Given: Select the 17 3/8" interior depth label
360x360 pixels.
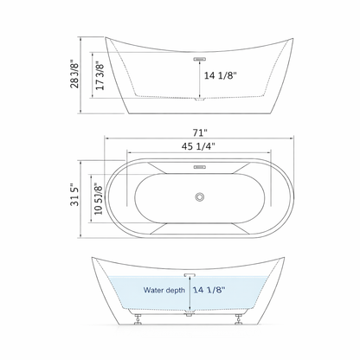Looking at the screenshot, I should (100, 78).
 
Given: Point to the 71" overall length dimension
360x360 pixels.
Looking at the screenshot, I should (200, 132).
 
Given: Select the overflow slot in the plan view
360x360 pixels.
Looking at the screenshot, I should (200, 168).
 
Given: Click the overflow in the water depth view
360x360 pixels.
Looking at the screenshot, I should (200, 275).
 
